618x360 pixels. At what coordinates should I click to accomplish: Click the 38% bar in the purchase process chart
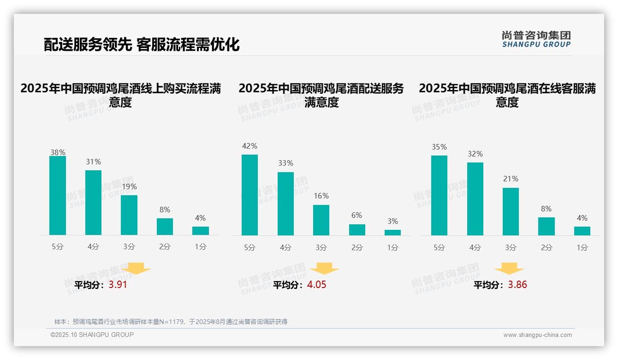[58, 196]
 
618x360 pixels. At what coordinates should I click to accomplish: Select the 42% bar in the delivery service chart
[250, 195]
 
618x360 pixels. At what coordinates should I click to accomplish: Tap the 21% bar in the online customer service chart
[511, 211]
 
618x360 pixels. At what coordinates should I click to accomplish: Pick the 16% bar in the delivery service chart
[321, 220]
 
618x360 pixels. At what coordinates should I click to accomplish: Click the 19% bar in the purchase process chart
[129, 215]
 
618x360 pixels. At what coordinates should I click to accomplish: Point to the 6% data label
[357, 216]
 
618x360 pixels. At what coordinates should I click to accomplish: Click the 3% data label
[392, 222]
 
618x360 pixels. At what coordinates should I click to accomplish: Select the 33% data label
[285, 163]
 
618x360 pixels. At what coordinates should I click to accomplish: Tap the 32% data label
[475, 154]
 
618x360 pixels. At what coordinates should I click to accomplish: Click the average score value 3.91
[118, 285]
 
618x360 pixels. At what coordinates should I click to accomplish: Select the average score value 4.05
[316, 285]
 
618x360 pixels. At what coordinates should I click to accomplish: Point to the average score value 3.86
[517, 285]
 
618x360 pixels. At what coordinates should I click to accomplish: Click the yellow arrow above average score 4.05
[325, 268]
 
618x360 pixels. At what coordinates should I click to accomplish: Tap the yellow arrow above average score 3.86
[509, 268]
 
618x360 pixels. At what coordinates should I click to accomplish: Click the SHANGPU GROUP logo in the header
[536, 39]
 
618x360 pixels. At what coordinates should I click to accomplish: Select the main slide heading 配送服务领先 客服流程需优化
[142, 44]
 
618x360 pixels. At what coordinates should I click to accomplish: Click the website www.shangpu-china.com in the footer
[537, 335]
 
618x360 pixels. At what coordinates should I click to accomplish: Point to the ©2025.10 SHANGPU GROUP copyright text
[92, 335]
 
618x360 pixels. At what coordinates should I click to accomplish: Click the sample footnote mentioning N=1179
[171, 322]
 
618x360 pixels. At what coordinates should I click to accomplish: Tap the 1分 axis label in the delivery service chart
[392, 248]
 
